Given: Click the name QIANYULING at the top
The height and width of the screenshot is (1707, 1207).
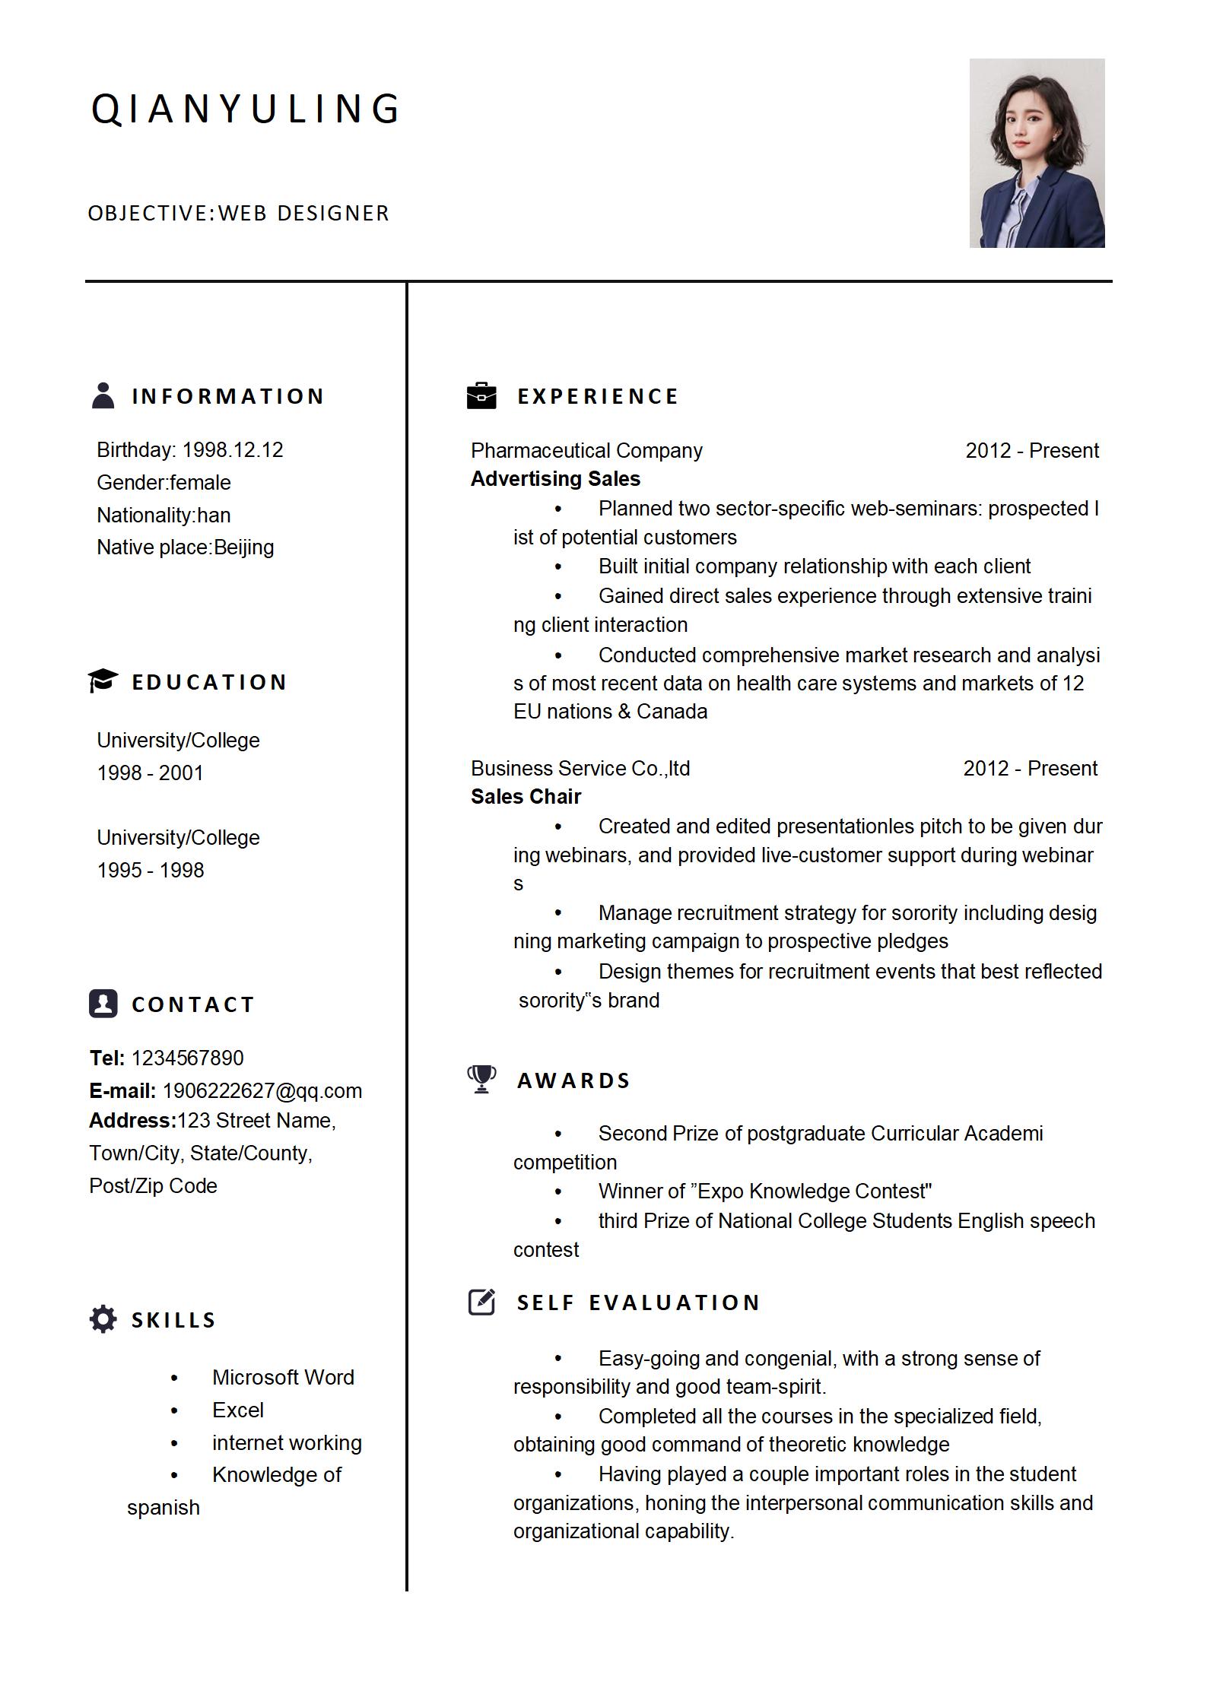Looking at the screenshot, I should [x=245, y=108].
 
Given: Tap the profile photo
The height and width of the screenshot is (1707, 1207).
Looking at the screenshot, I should [x=1036, y=153].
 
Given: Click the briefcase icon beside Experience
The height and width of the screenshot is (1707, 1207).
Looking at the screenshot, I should [x=481, y=395].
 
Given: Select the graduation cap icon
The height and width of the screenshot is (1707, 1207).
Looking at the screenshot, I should [x=103, y=681].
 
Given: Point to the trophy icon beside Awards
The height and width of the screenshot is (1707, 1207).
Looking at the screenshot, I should [x=481, y=1079].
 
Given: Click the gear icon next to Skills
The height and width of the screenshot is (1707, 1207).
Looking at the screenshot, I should [x=103, y=1319].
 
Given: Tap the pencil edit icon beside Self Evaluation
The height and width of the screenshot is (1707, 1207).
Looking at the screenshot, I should [x=481, y=1302].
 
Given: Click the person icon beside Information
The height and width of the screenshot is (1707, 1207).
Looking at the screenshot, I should [x=103, y=395].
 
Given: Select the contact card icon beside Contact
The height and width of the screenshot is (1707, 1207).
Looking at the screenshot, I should [x=103, y=1003].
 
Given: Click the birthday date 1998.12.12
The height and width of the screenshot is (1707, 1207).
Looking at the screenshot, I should [x=232, y=450].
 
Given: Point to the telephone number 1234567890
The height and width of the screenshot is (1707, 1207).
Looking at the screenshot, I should [x=187, y=1058].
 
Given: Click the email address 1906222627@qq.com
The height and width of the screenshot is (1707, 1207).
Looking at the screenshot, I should [x=262, y=1090].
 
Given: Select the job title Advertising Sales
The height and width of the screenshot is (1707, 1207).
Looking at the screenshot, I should [x=555, y=479].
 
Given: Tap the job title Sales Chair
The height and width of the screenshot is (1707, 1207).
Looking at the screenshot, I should [x=526, y=797].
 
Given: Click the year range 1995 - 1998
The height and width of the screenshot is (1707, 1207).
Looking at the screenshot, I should [x=151, y=870].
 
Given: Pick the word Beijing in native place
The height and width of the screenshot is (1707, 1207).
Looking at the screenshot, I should [x=243, y=547].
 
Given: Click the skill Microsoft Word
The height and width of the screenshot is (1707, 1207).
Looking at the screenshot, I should [x=283, y=1377].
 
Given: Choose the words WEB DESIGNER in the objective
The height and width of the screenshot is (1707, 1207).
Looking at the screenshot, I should [x=303, y=214].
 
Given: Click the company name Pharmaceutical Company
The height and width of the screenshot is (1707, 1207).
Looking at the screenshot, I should [x=586, y=451].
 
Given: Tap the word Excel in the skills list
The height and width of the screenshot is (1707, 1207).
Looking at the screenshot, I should [x=237, y=1410].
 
